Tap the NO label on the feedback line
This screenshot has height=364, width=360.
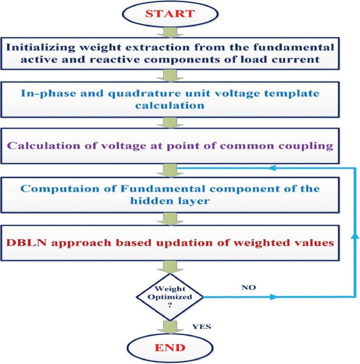pyautogui.click(x=249, y=288)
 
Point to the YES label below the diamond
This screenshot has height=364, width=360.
pyautogui.click(x=202, y=327)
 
